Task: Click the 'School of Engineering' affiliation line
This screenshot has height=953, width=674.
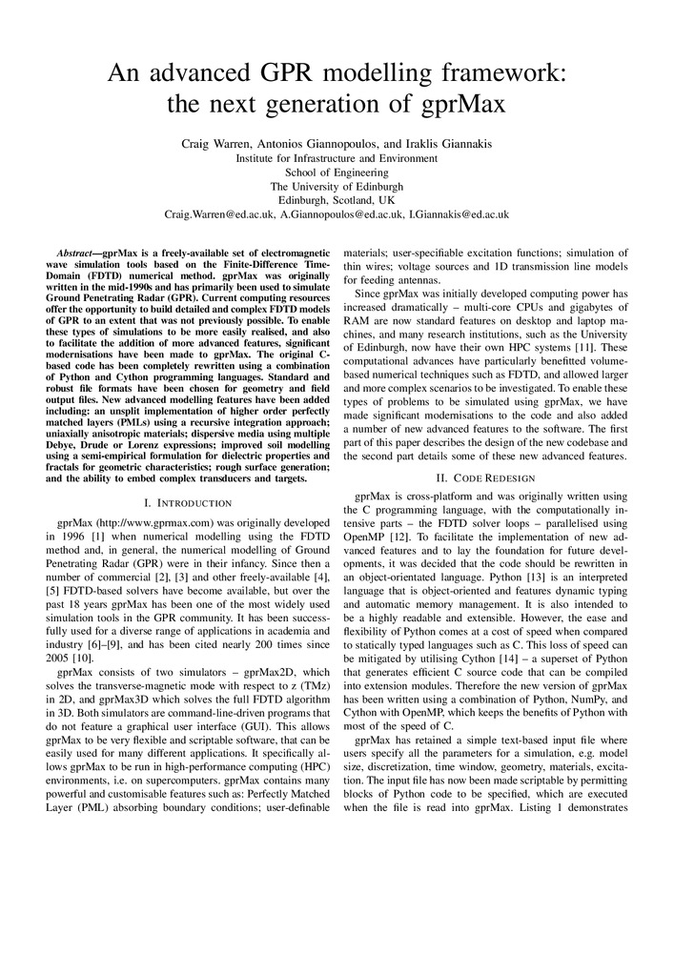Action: (337, 172)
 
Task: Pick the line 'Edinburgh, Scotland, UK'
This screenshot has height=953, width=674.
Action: (337, 201)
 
